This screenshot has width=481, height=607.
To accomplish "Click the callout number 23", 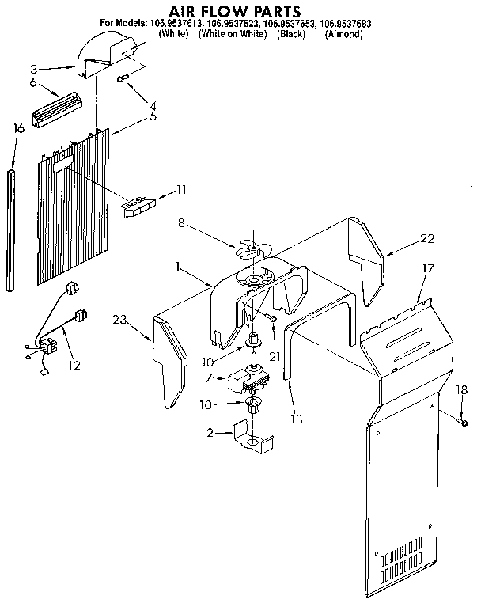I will tap(119, 320).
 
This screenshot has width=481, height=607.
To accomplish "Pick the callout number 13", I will tap(297, 419).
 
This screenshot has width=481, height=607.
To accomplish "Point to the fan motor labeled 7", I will tap(246, 381).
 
